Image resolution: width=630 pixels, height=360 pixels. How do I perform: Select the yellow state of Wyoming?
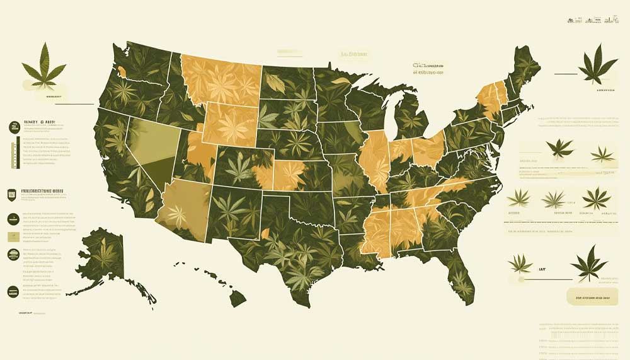[x=230, y=123]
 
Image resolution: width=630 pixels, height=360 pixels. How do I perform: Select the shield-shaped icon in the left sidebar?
[x=13, y=195]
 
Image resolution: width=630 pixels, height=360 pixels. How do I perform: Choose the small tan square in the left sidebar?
[x=13, y=236]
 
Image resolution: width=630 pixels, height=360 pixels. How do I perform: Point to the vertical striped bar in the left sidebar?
[x=13, y=154]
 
